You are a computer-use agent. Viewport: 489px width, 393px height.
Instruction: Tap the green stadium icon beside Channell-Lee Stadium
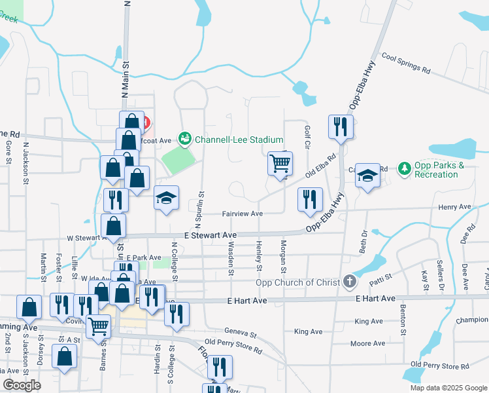(186, 139)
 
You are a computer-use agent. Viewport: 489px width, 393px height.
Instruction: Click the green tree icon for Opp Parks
(405, 169)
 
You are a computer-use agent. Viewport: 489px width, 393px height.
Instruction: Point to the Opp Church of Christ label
(297, 283)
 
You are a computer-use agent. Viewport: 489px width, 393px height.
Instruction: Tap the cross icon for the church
(350, 282)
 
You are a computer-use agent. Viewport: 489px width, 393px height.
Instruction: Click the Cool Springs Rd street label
(406, 64)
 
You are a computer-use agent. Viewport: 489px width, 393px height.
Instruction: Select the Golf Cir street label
(307, 137)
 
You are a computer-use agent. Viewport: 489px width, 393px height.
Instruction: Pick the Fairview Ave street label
(242, 214)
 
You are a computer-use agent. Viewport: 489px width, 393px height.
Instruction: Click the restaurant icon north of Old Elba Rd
(341, 126)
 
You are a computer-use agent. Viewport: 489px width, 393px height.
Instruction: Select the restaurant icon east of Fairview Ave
(310, 199)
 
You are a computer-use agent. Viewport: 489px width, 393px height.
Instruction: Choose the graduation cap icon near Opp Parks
(368, 175)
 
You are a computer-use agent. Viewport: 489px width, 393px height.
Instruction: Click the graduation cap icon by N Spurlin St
(166, 198)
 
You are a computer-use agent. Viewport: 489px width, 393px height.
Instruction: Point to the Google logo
(22, 385)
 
